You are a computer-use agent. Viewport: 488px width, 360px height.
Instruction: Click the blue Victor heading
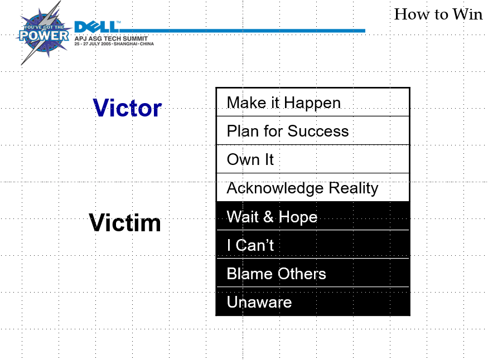(127, 108)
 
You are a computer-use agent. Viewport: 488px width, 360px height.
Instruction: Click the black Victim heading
(125, 223)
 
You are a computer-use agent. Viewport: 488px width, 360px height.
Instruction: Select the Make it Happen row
(312, 103)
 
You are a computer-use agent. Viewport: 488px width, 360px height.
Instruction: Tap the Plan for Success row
(312, 131)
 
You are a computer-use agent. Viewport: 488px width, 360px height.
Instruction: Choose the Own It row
(312, 159)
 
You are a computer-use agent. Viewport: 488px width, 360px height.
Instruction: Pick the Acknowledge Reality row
(312, 188)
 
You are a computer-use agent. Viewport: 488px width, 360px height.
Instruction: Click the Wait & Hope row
(312, 216)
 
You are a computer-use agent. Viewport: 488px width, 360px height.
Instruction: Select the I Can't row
(312, 245)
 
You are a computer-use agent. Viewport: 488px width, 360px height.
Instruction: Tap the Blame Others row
(312, 274)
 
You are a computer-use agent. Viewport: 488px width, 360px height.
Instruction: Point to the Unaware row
(312, 302)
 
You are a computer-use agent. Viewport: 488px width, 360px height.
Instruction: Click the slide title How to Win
(438, 14)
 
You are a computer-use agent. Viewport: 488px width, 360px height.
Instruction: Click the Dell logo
(96, 27)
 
